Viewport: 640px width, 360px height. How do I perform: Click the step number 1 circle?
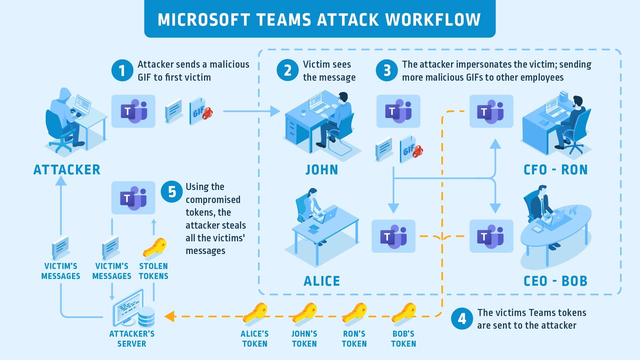coord(122,71)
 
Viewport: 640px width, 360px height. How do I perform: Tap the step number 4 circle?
coord(462,319)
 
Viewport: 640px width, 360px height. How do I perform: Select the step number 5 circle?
coord(172,192)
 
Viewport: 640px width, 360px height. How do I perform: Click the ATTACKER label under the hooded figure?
coord(67,170)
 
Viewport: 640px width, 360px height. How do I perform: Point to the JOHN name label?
coord(322,170)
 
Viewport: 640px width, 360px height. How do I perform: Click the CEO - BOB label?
coord(555,281)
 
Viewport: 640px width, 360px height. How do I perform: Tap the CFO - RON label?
coord(555,170)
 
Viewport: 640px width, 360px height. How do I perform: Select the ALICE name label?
coord(322,281)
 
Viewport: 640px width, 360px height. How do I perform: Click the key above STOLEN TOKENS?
coord(154,248)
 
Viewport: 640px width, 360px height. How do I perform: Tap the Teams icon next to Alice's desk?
coord(393,236)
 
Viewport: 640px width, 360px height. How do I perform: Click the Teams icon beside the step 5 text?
coord(133,198)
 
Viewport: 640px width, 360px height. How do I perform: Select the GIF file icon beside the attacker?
coord(200,111)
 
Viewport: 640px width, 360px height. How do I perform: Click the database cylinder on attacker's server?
coord(146,317)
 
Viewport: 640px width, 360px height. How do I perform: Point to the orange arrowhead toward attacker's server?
coord(169,316)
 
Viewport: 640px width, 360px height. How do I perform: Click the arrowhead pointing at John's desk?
coord(275,111)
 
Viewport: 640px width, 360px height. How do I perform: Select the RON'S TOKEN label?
coord(354,338)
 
